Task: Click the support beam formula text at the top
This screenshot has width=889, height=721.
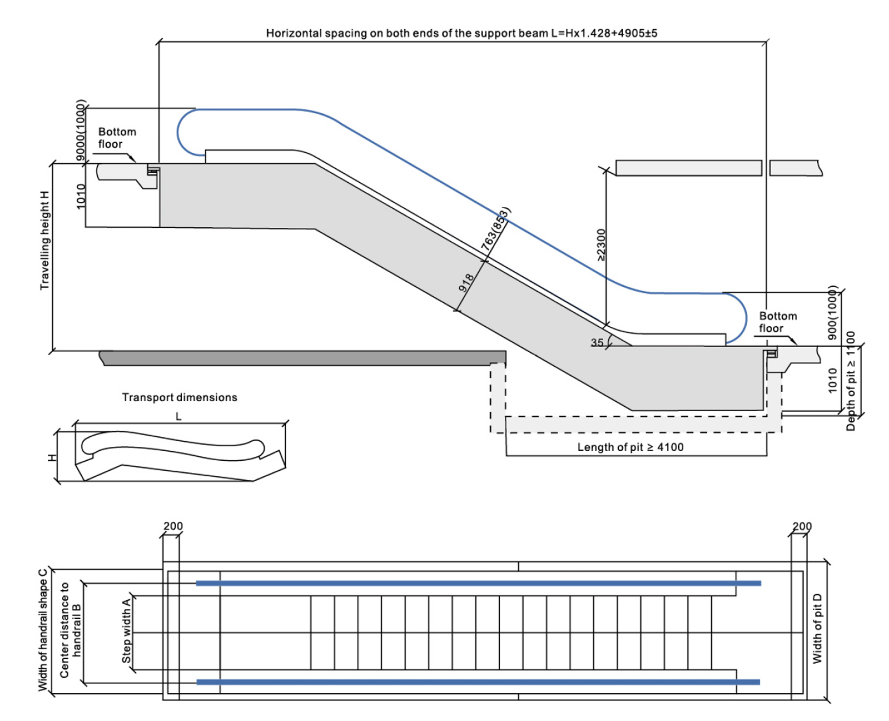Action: click(461, 33)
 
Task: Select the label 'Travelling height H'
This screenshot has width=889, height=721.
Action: click(45, 240)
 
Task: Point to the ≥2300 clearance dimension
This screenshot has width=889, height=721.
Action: click(601, 245)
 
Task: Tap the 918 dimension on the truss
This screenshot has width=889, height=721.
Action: click(466, 283)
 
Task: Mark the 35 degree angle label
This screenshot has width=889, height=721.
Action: click(597, 343)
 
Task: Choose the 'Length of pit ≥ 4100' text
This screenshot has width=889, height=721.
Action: click(630, 447)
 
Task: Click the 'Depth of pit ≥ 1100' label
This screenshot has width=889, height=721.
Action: click(851, 381)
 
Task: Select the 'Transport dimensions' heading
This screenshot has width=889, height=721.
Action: click(180, 398)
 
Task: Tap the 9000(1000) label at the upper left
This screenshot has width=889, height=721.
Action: click(81, 130)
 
